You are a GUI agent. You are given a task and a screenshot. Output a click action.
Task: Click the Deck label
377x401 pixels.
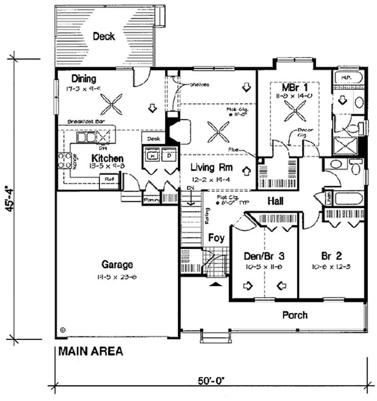(104, 36)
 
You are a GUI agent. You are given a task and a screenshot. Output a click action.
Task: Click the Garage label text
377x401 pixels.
(116, 265)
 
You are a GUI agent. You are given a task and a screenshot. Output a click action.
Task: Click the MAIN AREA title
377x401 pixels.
(90, 351)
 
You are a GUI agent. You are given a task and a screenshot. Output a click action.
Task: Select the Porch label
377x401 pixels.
(295, 314)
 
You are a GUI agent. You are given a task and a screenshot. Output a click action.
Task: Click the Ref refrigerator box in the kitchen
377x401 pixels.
(109, 180)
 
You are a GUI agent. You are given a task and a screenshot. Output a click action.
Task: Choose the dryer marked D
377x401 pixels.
(169, 155)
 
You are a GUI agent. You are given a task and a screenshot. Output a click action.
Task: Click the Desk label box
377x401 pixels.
(154, 139)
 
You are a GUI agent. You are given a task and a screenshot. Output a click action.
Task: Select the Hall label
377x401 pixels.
(275, 201)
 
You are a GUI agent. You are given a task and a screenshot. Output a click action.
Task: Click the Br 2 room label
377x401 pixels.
(332, 256)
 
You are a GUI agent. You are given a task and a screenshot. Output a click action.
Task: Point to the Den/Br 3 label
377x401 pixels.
(264, 256)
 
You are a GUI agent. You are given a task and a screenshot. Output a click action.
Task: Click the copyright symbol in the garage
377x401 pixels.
(62, 329)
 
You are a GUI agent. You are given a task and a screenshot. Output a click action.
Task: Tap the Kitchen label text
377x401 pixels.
(107, 158)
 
